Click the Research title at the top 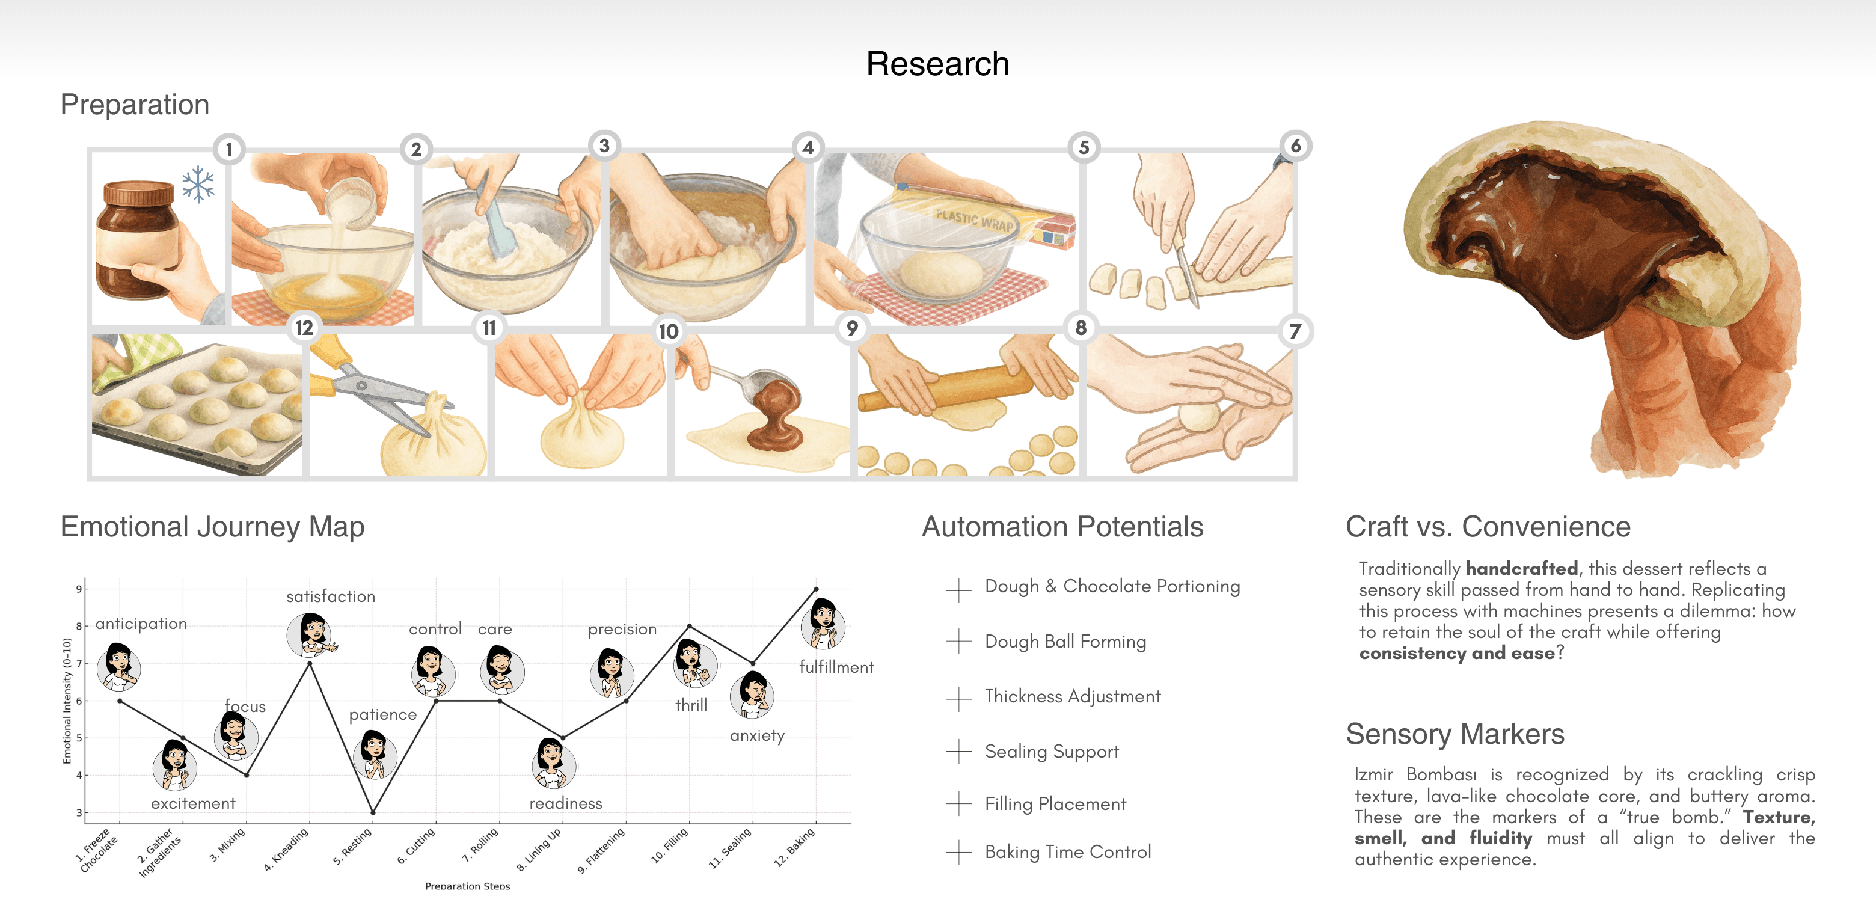coord(937,64)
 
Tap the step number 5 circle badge coord(1084,148)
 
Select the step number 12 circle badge coord(304,328)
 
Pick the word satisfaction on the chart coord(331,596)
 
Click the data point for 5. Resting coord(373,812)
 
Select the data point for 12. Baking coord(816,589)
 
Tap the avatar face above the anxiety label coord(752,693)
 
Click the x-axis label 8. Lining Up coord(539,849)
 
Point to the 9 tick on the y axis coord(79,589)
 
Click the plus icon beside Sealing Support coord(959,751)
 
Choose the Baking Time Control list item coord(1068,851)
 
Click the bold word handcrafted coord(1521,568)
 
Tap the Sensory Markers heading coord(1455,734)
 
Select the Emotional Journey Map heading coord(212,527)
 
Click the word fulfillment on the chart coord(836,667)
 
